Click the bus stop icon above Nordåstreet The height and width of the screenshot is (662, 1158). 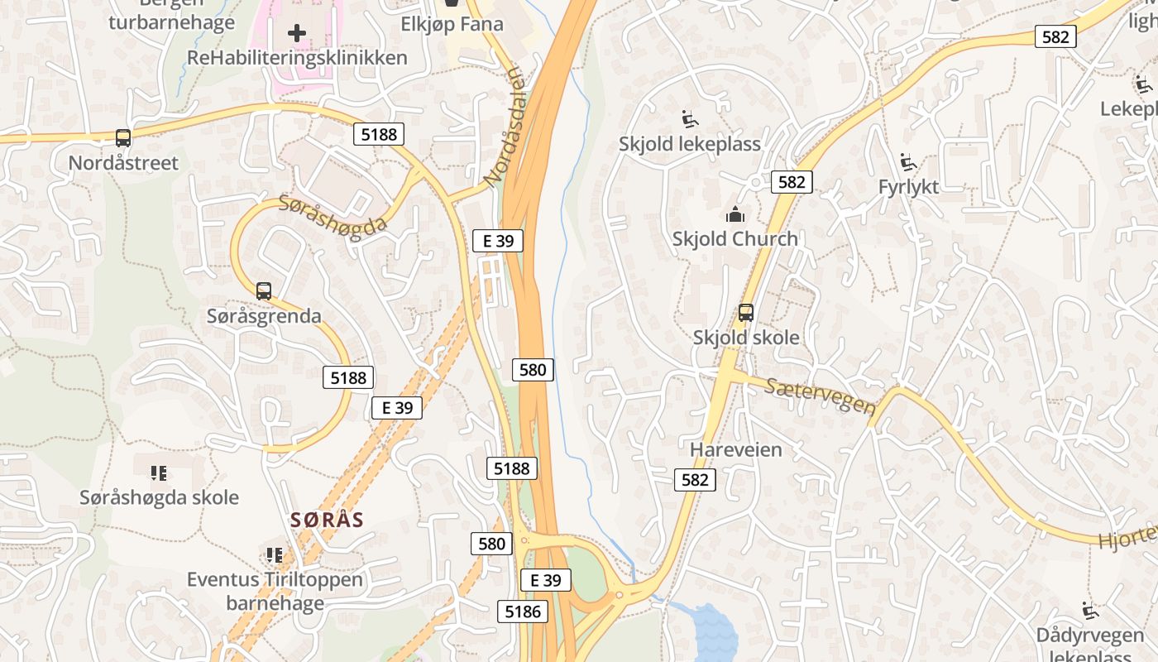pyautogui.click(x=123, y=138)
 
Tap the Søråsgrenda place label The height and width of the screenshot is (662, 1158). pyautogui.click(x=264, y=316)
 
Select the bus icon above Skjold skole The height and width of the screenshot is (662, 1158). pyautogui.click(x=746, y=313)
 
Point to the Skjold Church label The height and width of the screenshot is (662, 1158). pyautogui.click(x=735, y=239)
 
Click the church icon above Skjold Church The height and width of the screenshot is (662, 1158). pyautogui.click(x=735, y=215)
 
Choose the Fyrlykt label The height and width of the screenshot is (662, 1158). pyautogui.click(x=908, y=187)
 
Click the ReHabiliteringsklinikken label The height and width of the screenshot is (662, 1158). pyautogui.click(x=297, y=58)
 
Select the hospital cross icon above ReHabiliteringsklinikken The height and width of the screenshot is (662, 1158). pyautogui.click(x=297, y=33)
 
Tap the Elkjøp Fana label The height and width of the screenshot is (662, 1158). pyautogui.click(x=452, y=24)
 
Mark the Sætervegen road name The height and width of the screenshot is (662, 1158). pyautogui.click(x=820, y=396)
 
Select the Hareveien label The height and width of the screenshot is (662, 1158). pyautogui.click(x=735, y=450)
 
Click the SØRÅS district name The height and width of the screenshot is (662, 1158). pyautogui.click(x=327, y=520)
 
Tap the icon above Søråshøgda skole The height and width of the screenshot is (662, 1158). pyautogui.click(x=159, y=473)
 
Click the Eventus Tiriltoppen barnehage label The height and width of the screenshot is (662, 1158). pyautogui.click(x=275, y=591)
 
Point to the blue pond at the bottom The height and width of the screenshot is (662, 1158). pyautogui.click(x=714, y=632)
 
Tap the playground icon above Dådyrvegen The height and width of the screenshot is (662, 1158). pyautogui.click(x=1090, y=611)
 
